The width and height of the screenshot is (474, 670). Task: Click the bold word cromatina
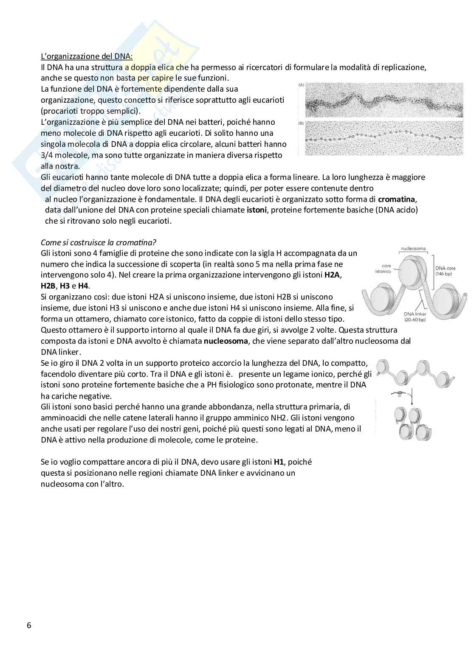click(x=397, y=199)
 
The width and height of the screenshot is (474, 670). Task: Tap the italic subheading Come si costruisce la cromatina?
click(x=99, y=242)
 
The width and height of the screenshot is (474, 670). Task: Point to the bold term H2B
click(x=48, y=286)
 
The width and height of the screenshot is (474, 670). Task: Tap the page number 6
click(x=29, y=625)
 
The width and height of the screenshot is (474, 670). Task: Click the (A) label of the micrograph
click(x=302, y=85)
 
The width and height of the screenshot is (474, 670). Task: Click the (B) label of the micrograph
click(x=302, y=123)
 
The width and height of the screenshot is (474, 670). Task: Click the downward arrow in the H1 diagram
click(x=410, y=399)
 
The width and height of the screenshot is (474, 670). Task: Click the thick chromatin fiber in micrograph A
click(x=382, y=104)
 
